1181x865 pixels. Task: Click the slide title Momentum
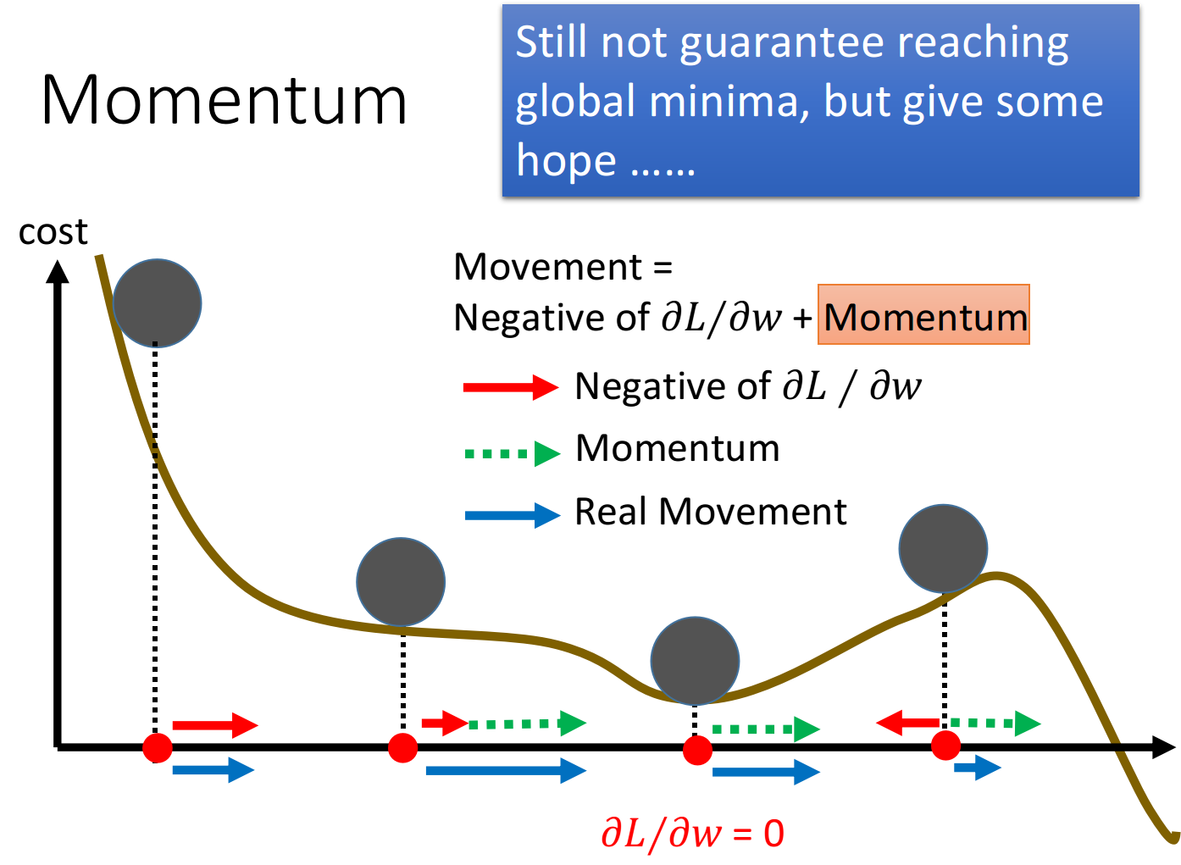coord(224,100)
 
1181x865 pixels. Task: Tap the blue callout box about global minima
coord(820,100)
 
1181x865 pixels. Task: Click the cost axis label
coord(53,231)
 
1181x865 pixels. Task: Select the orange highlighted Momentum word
coord(923,314)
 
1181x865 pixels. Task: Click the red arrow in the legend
coord(510,387)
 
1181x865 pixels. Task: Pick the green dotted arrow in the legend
coord(512,453)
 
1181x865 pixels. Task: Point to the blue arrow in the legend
coord(512,515)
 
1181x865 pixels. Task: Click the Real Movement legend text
coord(710,512)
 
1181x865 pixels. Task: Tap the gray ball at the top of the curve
coord(157,303)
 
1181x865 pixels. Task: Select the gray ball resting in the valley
coord(695,661)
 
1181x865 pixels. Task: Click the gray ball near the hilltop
coord(943,549)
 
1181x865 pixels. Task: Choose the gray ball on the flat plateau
coord(401,582)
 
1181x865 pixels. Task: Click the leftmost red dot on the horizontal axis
coord(157,747)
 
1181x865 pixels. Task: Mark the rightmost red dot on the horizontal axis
coord(945,746)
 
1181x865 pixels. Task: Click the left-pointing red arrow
coord(907,723)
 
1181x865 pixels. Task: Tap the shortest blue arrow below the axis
coord(978,768)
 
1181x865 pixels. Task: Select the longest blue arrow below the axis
coord(506,771)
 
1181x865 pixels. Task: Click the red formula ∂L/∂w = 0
coord(693,835)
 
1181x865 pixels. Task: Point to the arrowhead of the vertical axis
coord(58,271)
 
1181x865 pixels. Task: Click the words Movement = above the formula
coord(563,267)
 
